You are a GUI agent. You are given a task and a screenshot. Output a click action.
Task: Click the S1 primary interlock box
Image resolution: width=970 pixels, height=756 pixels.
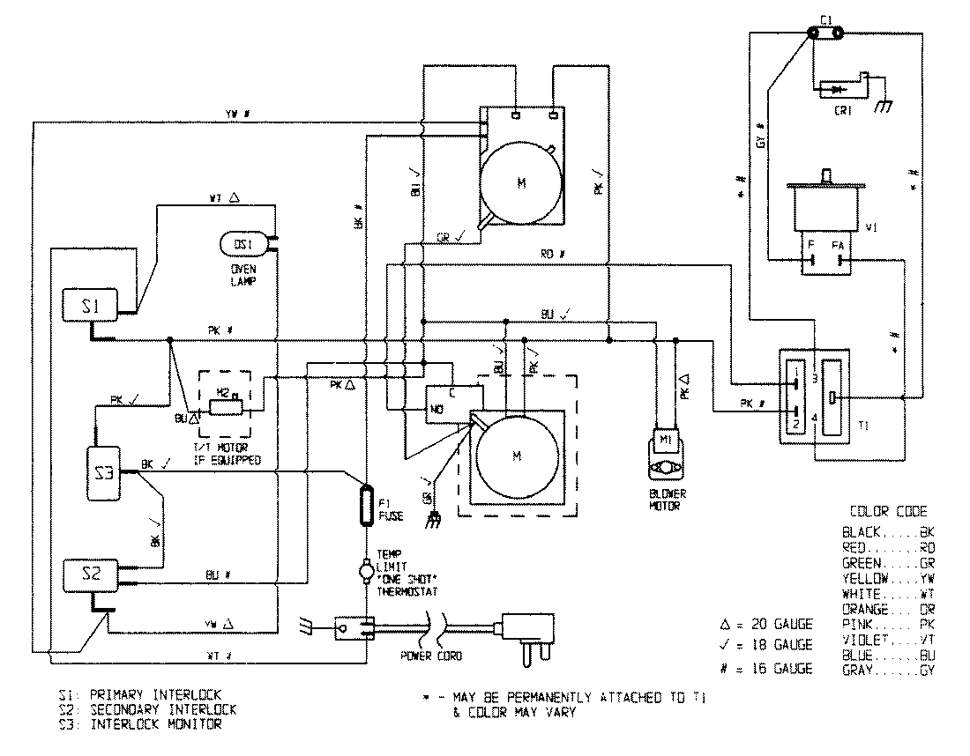[x=89, y=307]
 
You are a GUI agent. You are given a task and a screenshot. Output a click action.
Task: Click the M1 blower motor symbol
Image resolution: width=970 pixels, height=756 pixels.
[x=663, y=438]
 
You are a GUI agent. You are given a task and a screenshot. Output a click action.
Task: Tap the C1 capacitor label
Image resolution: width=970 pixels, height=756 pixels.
[x=825, y=19]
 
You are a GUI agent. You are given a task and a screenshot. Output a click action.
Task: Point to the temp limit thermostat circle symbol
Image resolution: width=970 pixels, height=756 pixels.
[x=364, y=573]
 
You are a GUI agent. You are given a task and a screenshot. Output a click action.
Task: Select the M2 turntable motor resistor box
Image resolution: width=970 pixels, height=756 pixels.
[x=226, y=406]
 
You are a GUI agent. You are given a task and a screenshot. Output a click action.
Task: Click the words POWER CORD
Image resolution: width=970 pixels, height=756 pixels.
[x=432, y=656]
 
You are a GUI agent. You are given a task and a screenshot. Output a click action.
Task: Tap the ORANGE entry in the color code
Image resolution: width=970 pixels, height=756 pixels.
[x=888, y=609]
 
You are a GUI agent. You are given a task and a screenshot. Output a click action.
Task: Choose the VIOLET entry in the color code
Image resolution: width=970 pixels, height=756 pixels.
[x=888, y=640]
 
